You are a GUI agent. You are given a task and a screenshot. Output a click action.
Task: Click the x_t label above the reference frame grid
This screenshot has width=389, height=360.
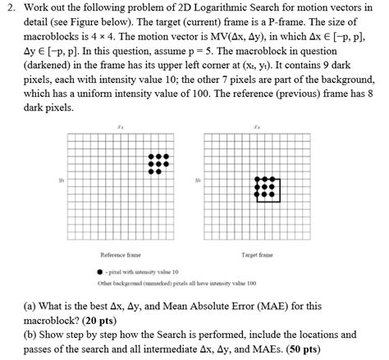coord(120,127)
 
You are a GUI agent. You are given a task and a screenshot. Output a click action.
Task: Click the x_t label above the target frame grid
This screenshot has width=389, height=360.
coord(257,127)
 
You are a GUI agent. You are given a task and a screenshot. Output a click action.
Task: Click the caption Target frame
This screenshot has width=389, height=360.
coord(257,256)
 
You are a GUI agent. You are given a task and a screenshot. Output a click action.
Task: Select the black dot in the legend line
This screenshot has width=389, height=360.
coord(101,271)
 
